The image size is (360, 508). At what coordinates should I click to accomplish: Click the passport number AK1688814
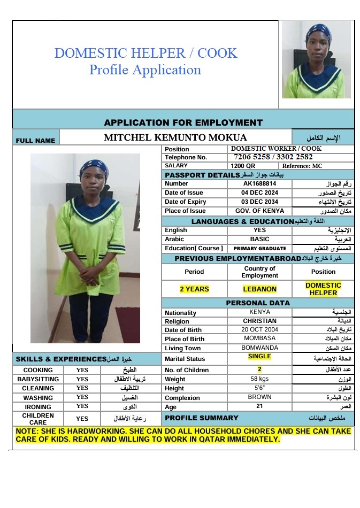259,183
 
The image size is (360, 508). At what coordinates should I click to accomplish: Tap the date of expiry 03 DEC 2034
259,202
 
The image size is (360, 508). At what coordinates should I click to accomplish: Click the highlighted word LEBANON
260,289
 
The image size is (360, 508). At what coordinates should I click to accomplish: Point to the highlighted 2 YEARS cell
194,289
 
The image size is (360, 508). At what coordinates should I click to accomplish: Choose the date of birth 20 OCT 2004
259,329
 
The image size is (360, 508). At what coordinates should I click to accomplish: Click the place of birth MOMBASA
259,338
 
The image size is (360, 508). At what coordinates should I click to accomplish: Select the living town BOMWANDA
259,348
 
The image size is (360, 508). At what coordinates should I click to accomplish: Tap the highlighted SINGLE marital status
259,357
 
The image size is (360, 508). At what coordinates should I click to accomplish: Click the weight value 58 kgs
259,379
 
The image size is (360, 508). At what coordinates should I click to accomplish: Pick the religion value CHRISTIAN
259,321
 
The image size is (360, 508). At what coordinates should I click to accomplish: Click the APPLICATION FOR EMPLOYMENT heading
183,122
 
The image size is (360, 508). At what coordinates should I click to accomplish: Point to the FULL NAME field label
35,141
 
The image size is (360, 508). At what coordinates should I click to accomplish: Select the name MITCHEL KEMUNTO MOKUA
175,137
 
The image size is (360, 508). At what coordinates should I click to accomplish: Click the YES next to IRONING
82,406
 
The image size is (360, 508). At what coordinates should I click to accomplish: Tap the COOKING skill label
38,370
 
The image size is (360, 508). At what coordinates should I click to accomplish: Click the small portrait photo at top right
317,59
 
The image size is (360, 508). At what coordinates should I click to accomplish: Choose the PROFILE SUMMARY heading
201,418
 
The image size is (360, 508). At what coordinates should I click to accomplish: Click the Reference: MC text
302,166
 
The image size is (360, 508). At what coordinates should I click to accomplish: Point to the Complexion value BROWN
259,397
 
